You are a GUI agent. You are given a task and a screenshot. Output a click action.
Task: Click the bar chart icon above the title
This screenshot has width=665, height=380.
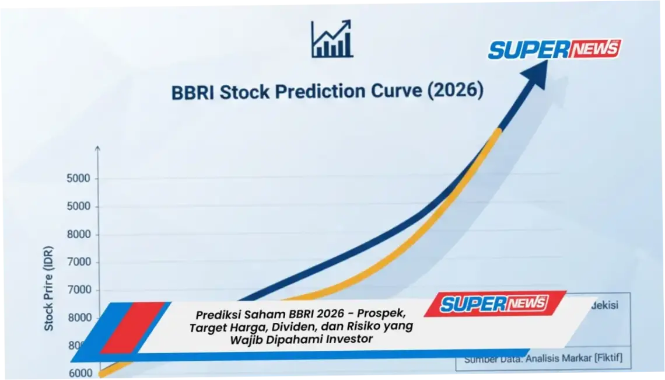(x=331, y=39)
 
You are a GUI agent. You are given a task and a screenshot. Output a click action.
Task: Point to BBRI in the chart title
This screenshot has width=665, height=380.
(x=192, y=93)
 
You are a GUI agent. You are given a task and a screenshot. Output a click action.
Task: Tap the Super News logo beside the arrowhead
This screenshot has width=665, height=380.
(x=554, y=49)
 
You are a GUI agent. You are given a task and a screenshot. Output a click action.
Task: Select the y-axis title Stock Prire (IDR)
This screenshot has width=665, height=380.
(x=49, y=288)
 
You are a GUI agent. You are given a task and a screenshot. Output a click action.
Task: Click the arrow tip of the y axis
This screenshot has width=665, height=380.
(x=97, y=148)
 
